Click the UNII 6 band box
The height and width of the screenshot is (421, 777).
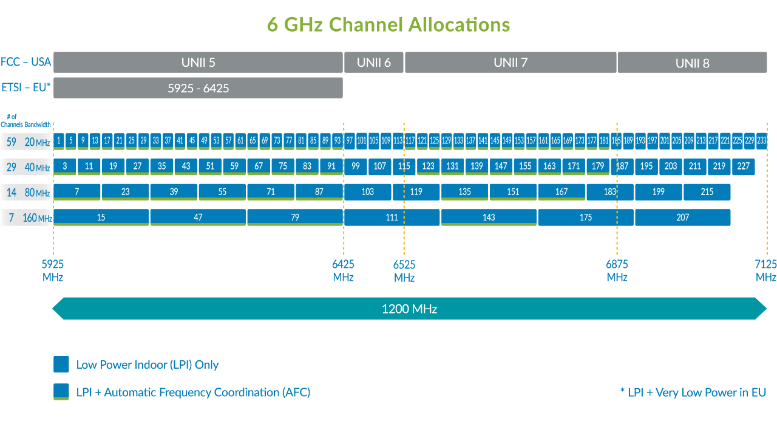tap(373, 63)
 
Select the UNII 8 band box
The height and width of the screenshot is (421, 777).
tap(693, 63)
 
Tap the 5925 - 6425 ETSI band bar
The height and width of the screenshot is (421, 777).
tap(198, 88)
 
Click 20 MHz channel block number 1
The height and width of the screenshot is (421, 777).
tap(59, 142)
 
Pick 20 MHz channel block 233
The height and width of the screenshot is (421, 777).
tap(762, 142)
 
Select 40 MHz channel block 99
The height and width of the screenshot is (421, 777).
tap(356, 166)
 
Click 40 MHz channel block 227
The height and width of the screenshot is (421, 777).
tap(744, 166)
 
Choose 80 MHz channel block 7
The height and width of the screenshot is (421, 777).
tap(77, 193)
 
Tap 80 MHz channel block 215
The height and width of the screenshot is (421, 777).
tap(707, 193)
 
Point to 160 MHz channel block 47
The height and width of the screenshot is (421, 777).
tap(198, 217)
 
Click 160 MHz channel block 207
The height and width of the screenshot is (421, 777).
tap(683, 217)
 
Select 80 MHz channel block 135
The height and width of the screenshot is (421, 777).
tap(464, 193)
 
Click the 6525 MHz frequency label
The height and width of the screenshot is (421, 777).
tap(404, 271)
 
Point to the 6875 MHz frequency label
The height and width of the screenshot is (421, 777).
tap(617, 271)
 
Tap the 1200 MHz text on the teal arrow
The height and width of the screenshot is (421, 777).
tap(409, 309)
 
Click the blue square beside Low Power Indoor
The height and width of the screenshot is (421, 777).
tap(61, 364)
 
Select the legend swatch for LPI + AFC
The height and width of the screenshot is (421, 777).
tap(61, 392)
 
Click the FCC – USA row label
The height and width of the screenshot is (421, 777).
tap(25, 62)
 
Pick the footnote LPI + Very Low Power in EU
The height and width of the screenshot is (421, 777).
tap(693, 392)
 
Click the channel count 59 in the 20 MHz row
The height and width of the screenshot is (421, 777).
tap(12, 142)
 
